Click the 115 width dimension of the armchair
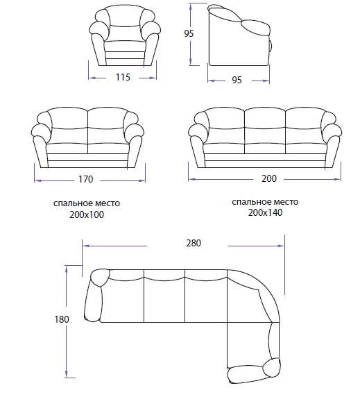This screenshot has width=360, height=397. [123, 77]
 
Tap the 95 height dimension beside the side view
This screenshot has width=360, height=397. [189, 33]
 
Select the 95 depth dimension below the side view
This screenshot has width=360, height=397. [237, 80]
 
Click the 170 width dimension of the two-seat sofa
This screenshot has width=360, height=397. [86, 179]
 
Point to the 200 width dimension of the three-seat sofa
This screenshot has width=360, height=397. [269, 179]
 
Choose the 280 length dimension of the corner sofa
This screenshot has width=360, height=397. [194, 243]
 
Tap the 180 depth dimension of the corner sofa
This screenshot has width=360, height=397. [62, 319]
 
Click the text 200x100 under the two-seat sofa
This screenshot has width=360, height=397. [87, 214]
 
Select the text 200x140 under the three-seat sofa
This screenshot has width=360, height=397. [265, 212]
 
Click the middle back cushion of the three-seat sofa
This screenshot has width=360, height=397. [265, 119]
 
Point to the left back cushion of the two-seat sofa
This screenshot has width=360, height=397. [68, 119]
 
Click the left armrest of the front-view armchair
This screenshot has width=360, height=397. [98, 49]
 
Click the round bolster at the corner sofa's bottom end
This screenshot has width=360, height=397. [271, 367]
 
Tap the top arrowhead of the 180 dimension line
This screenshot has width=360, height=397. [67, 271]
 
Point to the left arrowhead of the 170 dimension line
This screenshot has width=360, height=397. [38, 180]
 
